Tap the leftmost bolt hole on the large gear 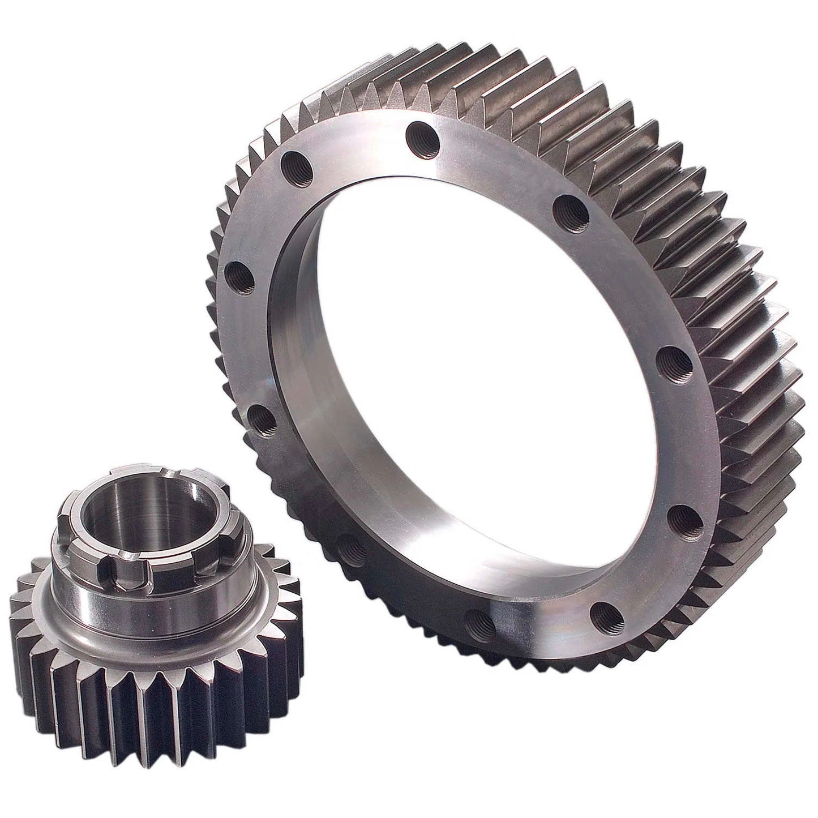238,276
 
